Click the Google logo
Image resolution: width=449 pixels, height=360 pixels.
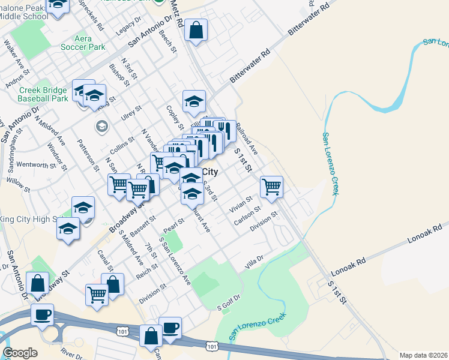20,353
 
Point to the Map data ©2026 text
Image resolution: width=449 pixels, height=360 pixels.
423,355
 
